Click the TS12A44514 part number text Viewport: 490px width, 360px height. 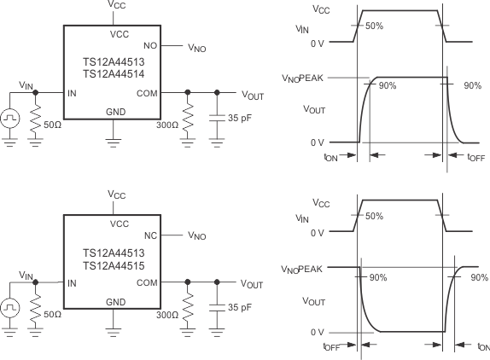pyautogui.click(x=114, y=75)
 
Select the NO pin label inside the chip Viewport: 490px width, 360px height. pyautogui.click(x=150, y=45)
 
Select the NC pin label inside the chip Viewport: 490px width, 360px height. pyautogui.click(x=150, y=235)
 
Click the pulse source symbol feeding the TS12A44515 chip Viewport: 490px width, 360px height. pyautogui.click(x=10, y=305)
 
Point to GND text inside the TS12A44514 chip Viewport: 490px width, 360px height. pyautogui.click(x=114, y=112)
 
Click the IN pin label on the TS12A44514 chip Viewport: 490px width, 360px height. pyautogui.click(x=72, y=92)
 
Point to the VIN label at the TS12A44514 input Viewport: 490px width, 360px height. pyautogui.click(x=27, y=84)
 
